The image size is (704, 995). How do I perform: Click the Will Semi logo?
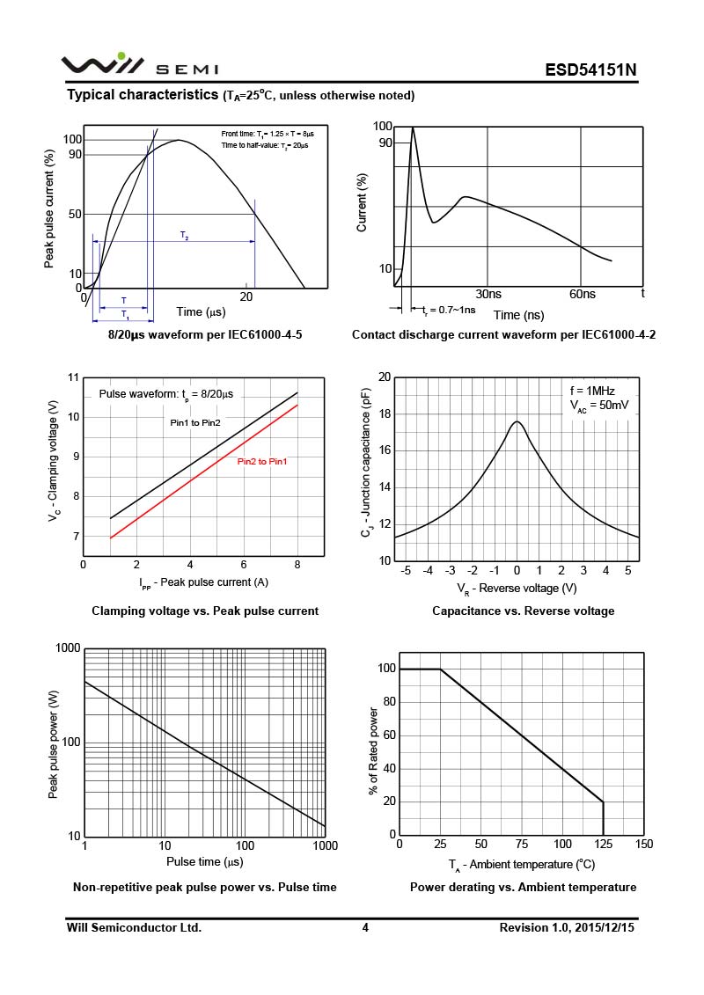click(139, 66)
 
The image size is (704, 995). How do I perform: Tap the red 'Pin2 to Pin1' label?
click(262, 462)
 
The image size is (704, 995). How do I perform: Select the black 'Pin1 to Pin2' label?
click(195, 423)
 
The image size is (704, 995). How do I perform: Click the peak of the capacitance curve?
click(517, 421)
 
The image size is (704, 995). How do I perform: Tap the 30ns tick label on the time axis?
click(488, 294)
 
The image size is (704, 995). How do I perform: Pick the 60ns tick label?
click(582, 294)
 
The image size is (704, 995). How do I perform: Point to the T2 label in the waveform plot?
click(184, 235)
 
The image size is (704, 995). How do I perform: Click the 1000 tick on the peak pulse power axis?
click(68, 648)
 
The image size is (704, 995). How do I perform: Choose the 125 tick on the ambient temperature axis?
click(603, 845)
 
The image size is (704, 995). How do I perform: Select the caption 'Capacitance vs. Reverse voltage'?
click(523, 611)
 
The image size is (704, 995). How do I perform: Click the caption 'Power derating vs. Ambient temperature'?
click(523, 887)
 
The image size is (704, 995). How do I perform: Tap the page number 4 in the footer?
click(365, 927)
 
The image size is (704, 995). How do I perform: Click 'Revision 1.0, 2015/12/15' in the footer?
click(568, 927)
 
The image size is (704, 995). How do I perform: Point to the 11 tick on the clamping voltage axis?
click(74, 377)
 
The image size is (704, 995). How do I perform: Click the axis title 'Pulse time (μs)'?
click(204, 861)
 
